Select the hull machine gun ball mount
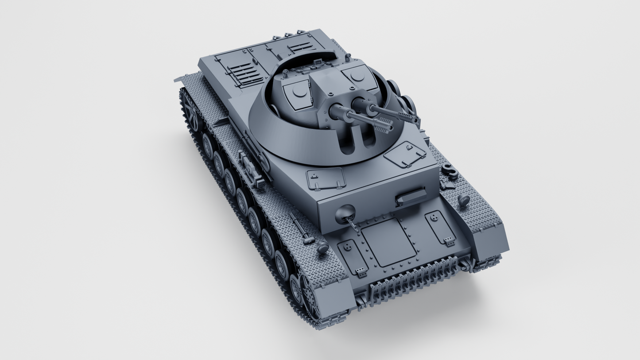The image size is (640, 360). tap(345, 214)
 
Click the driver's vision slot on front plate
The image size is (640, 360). tap(411, 196)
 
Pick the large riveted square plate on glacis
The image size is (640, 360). tap(388, 242)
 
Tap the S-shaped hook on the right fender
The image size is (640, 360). tap(448, 170)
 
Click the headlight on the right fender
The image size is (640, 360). tap(464, 200)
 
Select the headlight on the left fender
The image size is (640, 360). tap(323, 248)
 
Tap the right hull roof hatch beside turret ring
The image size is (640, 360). tap(405, 154)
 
